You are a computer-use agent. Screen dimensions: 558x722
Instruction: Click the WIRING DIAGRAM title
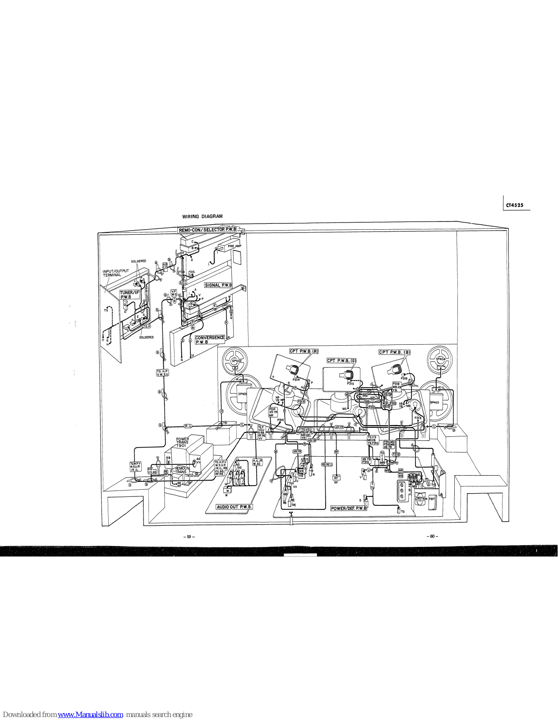202,217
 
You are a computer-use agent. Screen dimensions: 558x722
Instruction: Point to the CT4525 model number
515,205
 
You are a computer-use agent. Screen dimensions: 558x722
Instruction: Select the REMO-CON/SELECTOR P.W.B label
208,230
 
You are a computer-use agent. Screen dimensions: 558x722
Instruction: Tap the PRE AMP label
235,246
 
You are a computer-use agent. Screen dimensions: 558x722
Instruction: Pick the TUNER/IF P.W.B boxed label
129,295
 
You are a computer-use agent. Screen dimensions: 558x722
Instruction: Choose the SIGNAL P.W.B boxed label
218,285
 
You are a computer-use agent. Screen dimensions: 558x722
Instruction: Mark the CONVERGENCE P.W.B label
209,340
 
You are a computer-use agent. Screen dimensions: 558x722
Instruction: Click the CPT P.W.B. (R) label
304,351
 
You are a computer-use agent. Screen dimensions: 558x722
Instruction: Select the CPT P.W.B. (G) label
341,361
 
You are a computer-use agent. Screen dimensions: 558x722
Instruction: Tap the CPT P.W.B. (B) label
395,352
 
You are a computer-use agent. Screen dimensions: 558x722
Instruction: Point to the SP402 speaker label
237,361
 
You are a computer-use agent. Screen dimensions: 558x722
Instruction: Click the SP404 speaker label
440,359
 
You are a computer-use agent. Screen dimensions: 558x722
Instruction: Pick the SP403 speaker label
434,402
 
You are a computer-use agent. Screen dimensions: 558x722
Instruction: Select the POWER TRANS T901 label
183,442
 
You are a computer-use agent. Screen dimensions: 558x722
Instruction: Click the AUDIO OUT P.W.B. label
234,507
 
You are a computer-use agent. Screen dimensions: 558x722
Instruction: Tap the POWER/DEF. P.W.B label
349,508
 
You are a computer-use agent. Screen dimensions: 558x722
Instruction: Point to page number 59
189,537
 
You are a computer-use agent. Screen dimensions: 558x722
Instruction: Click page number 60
432,536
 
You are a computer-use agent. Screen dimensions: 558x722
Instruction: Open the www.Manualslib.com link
90,714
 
